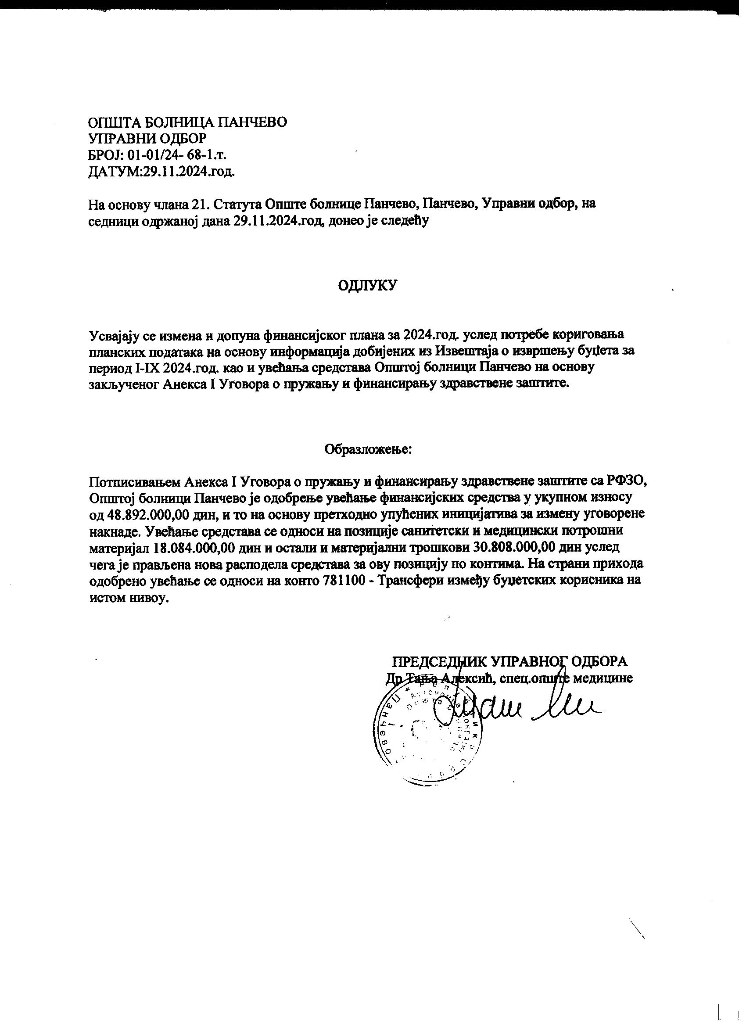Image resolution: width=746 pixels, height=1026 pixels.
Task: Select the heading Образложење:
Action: (x=368, y=449)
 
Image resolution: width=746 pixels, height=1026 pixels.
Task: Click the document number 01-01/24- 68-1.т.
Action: (x=177, y=155)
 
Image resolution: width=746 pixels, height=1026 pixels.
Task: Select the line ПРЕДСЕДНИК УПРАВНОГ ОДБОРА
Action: (x=509, y=661)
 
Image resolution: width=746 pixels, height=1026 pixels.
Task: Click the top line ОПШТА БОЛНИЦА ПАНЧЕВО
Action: (x=188, y=122)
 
